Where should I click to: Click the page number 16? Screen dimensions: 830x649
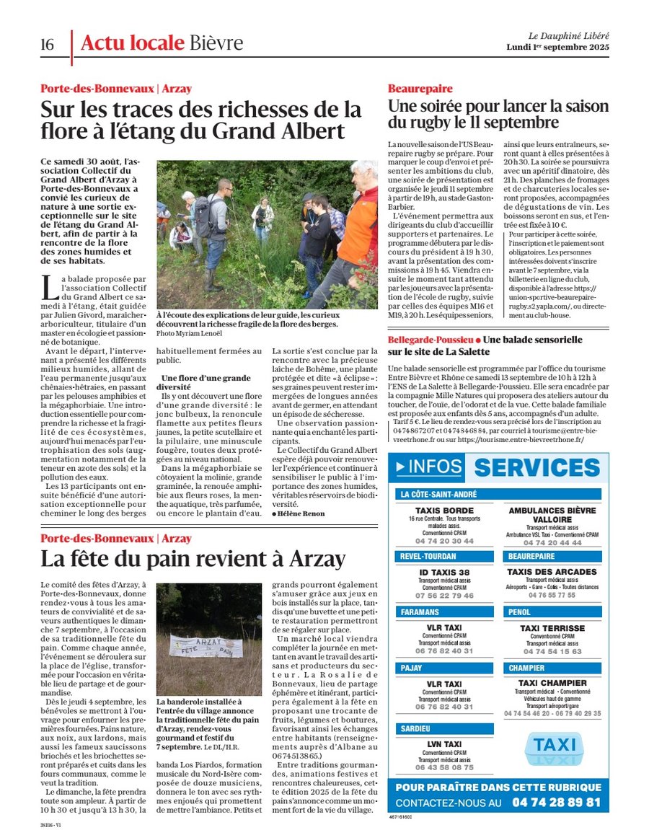coord(47,44)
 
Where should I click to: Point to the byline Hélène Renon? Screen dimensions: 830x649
coord(299,513)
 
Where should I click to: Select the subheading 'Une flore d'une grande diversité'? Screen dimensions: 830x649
coord(196,383)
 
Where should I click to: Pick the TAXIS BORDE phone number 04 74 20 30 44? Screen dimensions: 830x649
coord(444,541)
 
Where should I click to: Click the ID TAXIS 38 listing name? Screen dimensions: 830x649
coord(444,572)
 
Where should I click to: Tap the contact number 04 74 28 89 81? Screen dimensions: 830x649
coord(556,802)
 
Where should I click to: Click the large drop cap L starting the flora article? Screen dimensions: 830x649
coord(48,286)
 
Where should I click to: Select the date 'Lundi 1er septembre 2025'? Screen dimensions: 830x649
coord(558,48)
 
